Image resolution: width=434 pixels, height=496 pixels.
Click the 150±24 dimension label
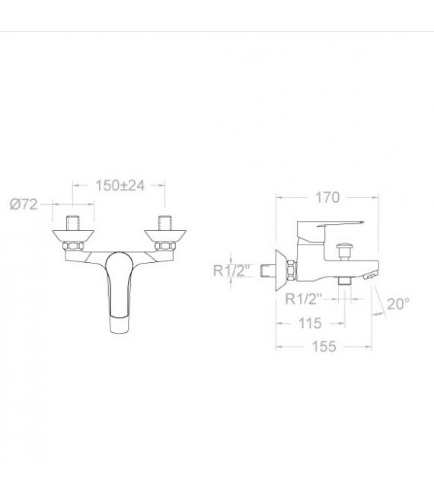[x=120, y=185]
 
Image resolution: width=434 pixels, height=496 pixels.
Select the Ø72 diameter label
[x=24, y=204]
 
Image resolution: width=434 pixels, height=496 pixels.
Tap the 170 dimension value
[x=327, y=197]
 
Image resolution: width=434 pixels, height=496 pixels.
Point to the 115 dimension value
[x=310, y=323]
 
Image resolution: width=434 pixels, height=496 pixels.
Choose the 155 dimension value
[x=324, y=347]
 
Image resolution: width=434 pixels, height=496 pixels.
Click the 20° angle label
[x=398, y=304]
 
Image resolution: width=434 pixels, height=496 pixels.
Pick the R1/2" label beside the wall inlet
[x=231, y=270]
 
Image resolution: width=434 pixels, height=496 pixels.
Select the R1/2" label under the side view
[x=304, y=299]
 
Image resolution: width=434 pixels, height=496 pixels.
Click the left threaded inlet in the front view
[x=72, y=223]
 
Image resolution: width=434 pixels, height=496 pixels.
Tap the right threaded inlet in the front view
[x=164, y=223]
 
